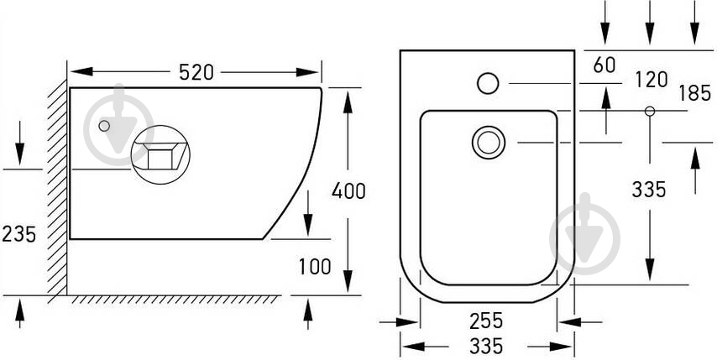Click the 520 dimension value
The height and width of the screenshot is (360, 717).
coord(196,72)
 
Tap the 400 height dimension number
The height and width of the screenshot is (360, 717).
coord(348,190)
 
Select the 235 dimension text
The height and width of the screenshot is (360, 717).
coord(18,234)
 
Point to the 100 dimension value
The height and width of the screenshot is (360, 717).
coord(315,266)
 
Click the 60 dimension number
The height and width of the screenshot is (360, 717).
coord(604,65)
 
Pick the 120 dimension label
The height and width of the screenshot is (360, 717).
coord(652,80)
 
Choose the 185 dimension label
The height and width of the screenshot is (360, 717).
coord(694,93)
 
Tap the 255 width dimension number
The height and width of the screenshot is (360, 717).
coord(486,321)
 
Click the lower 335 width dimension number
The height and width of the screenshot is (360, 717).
coord(486,346)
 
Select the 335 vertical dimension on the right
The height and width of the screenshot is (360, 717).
coord(649,189)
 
